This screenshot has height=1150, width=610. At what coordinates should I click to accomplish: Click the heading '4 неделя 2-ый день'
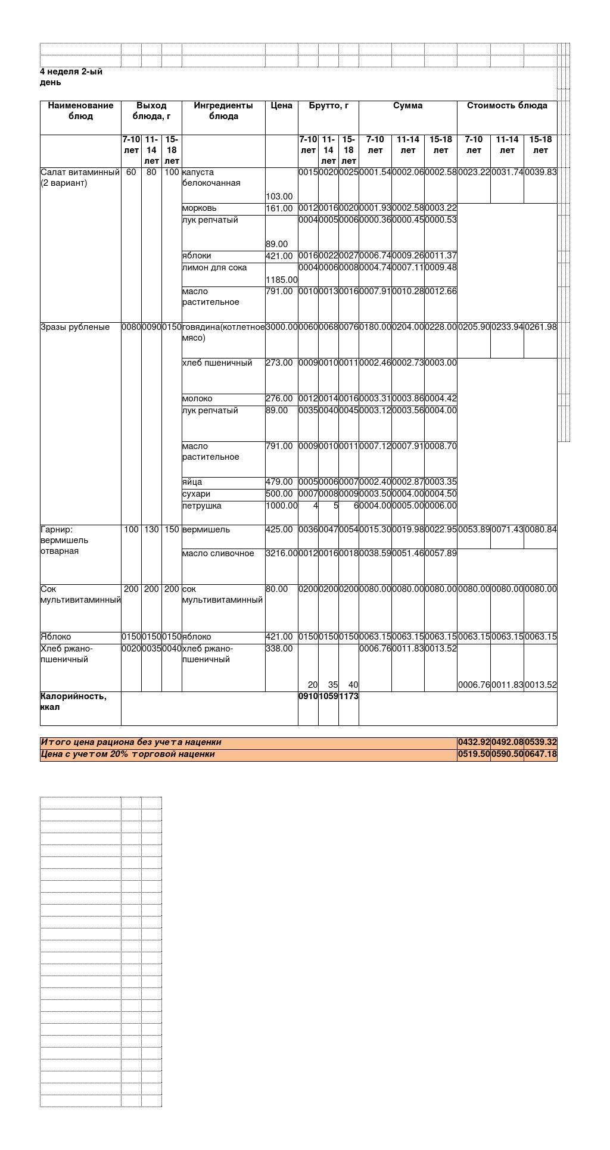coord(71,77)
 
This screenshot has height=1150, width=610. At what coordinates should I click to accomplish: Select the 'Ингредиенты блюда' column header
coord(223,111)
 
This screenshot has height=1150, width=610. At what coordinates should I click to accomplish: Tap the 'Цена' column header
coord(281,106)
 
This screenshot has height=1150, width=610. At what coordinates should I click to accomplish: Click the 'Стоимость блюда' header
coord(507,106)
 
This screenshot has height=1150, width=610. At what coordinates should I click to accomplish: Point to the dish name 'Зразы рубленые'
coord(75,327)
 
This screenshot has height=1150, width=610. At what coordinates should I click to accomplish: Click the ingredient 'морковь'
coord(200,208)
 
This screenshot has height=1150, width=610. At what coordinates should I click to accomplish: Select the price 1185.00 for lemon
coord(282,280)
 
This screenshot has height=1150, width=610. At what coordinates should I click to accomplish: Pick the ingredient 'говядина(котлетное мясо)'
coord(223,332)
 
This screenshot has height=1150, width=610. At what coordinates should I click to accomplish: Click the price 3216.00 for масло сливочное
coord(282,554)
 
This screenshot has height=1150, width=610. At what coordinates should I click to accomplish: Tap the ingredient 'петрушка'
coord(202,506)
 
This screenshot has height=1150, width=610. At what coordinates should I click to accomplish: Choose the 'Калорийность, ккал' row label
coord(73,702)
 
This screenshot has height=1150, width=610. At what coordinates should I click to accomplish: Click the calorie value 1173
coord(348,697)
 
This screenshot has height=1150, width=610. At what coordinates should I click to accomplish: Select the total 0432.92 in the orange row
coord(474,743)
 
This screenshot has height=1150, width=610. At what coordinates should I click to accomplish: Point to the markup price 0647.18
coord(540,755)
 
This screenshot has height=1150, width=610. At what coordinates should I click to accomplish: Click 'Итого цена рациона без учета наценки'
coord(131,743)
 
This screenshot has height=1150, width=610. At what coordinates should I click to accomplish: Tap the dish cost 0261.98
coord(540,328)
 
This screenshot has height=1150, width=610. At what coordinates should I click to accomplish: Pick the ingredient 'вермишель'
coord(206,530)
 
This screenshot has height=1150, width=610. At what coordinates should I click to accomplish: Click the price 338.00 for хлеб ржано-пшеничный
coord(279,649)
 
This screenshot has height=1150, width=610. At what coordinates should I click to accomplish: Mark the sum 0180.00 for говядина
coord(375,328)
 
